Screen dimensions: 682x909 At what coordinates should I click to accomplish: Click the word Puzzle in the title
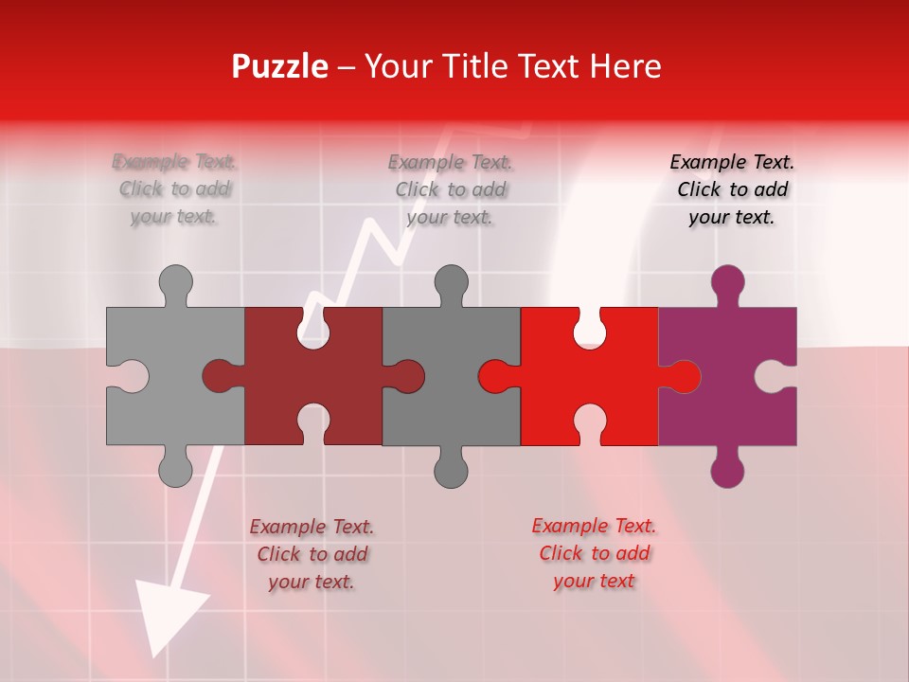tap(279, 67)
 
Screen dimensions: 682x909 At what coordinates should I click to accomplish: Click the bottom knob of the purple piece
tap(727, 469)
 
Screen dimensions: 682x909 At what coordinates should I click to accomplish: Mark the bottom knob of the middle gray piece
tap(451, 469)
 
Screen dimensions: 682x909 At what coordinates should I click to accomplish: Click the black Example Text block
tap(732, 189)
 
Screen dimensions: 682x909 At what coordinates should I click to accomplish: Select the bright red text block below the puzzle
tap(594, 553)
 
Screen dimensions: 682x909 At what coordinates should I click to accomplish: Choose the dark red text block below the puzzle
tap(312, 554)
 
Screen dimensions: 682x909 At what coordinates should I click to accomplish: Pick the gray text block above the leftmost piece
tap(175, 189)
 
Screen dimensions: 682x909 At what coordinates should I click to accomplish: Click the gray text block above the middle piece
tap(451, 189)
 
